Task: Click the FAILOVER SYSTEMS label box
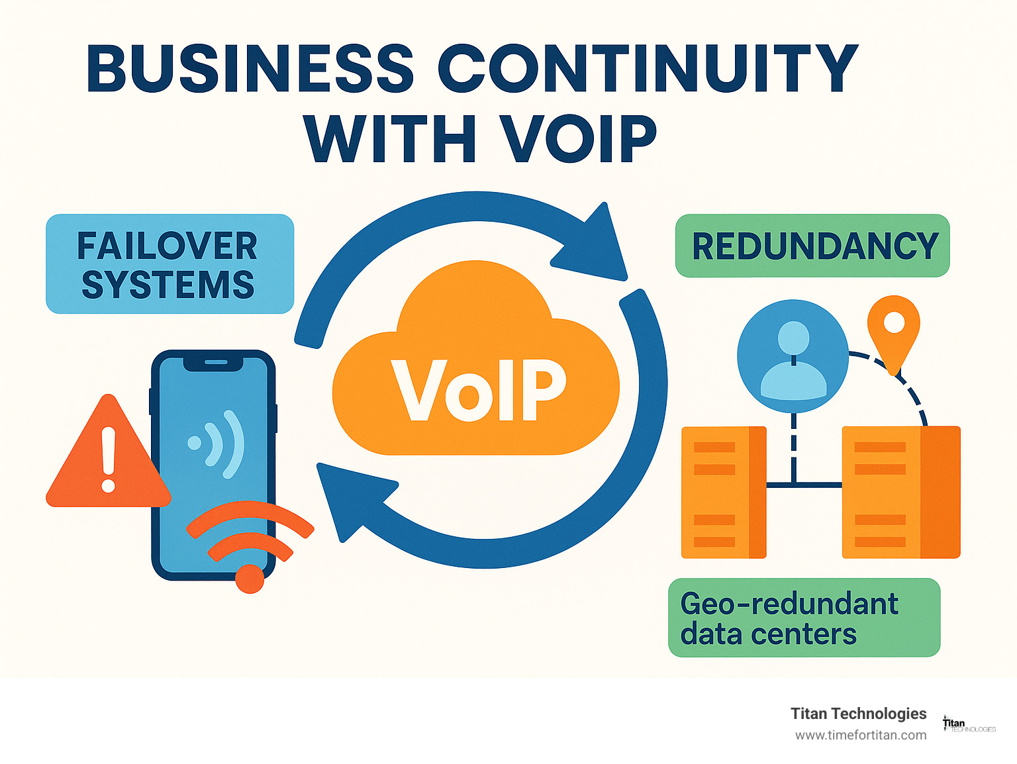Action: pyautogui.click(x=169, y=264)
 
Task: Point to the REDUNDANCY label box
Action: pyautogui.click(x=812, y=246)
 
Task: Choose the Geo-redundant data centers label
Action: pyautogui.click(x=804, y=618)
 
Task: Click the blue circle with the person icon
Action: pyautogui.click(x=793, y=356)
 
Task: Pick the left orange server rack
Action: pyautogui.click(x=724, y=492)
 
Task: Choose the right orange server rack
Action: pyautogui.click(x=900, y=492)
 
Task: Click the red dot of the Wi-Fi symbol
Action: pyautogui.click(x=250, y=578)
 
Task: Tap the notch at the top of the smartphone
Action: pyautogui.click(x=215, y=362)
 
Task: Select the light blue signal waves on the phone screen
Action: pyautogui.click(x=222, y=443)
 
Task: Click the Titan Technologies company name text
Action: pyautogui.click(x=858, y=713)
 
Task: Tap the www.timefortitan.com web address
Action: pyautogui.click(x=861, y=735)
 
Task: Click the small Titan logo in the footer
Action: pyautogui.click(x=968, y=725)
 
